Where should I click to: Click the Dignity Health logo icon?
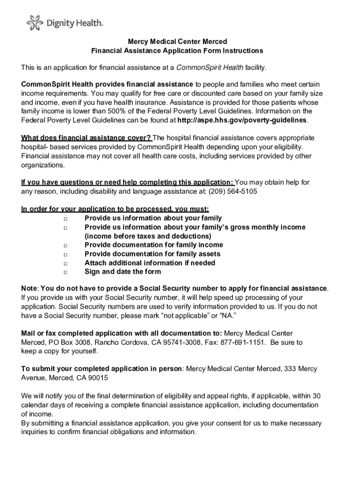(33, 22)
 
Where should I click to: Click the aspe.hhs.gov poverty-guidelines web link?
(243, 120)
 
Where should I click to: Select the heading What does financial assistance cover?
(86, 138)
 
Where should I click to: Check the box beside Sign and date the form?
(65, 272)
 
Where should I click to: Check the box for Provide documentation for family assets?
(65, 254)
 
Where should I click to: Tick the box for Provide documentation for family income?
(65, 246)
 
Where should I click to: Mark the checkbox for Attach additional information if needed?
(65, 263)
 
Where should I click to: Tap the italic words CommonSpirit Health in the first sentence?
(209, 68)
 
